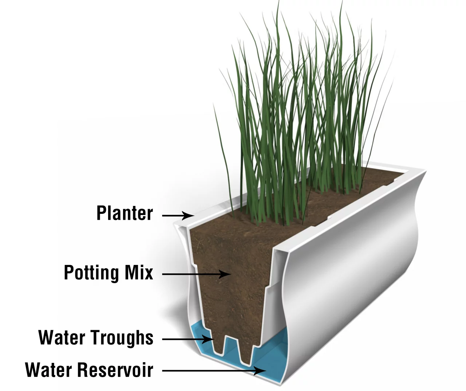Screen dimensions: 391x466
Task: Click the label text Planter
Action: (125, 213)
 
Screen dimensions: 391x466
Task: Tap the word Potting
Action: (91, 273)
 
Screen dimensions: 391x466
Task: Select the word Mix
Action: (139, 272)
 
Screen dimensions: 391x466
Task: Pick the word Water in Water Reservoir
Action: (48, 370)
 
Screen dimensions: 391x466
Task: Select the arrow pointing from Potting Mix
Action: (197, 274)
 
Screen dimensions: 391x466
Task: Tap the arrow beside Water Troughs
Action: (188, 339)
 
